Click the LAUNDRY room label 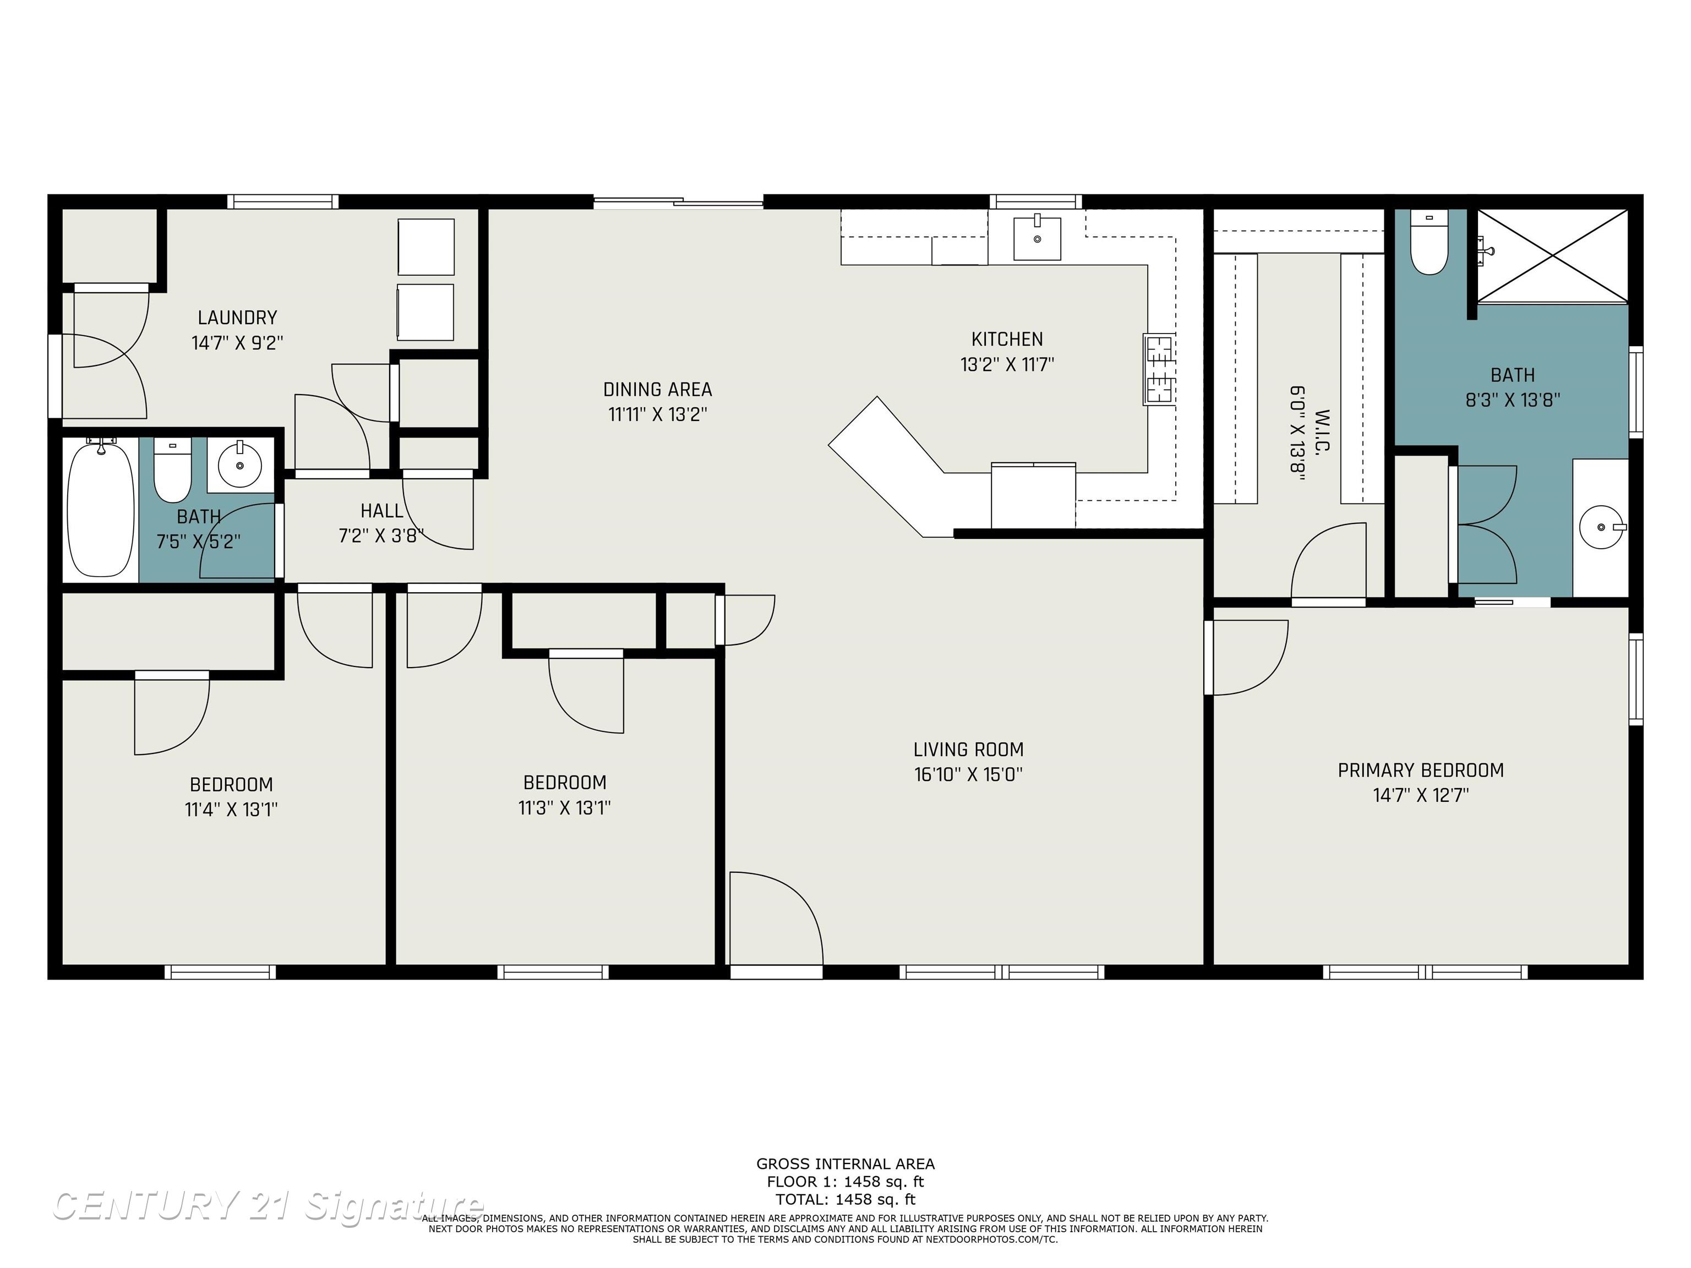click(x=237, y=317)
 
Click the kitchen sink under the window click(x=1037, y=238)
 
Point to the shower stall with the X click(x=1552, y=256)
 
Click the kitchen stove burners click(x=1159, y=369)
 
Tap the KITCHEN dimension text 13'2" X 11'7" click(x=1007, y=364)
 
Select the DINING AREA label click(x=657, y=390)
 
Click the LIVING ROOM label click(x=969, y=750)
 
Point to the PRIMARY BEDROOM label click(x=1420, y=770)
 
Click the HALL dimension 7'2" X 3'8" click(x=381, y=536)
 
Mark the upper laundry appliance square click(x=426, y=247)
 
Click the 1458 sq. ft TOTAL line click(x=845, y=1199)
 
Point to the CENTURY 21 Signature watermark click(x=268, y=1206)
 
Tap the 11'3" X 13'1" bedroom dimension click(x=564, y=808)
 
